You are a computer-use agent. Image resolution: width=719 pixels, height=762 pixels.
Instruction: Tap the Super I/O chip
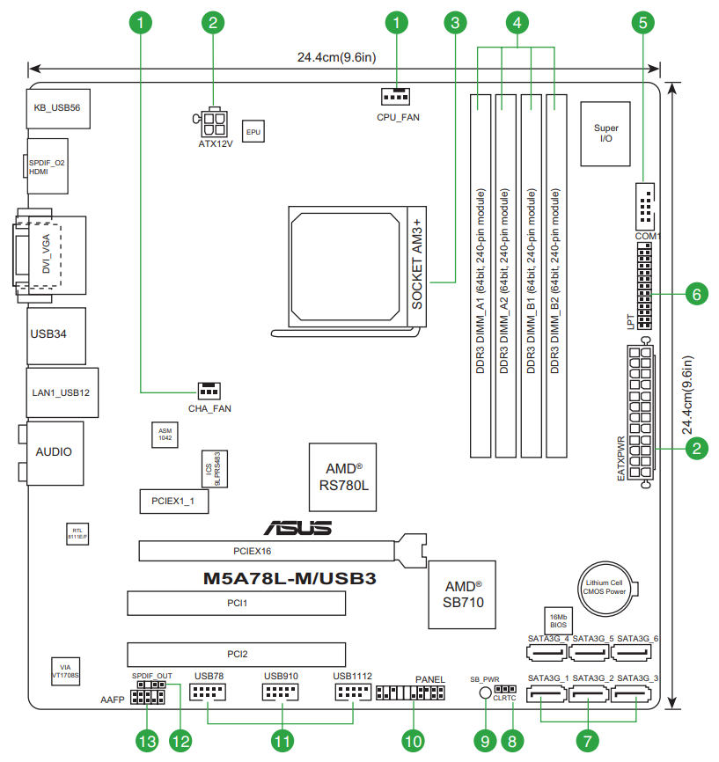click(x=605, y=133)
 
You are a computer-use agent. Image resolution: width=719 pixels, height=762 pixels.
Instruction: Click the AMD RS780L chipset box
click(x=343, y=476)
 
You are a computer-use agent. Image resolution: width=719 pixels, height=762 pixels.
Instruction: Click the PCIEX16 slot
click(x=268, y=552)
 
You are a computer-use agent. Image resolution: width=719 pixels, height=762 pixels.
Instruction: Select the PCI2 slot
click(x=236, y=654)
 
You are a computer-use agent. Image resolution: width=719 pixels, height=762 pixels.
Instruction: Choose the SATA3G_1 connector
click(x=547, y=694)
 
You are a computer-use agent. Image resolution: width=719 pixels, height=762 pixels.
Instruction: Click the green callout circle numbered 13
click(x=147, y=741)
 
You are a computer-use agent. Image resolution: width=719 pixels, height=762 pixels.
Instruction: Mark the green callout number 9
click(x=483, y=741)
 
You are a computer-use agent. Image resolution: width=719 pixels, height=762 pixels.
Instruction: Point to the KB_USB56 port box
click(x=57, y=108)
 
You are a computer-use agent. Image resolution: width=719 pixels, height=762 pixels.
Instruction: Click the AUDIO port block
click(x=55, y=452)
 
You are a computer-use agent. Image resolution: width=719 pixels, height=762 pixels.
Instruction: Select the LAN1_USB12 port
click(x=61, y=392)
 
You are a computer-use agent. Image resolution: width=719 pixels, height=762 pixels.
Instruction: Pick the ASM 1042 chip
click(x=165, y=434)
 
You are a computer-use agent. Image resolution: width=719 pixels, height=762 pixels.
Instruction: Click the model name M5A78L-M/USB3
click(x=290, y=579)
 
